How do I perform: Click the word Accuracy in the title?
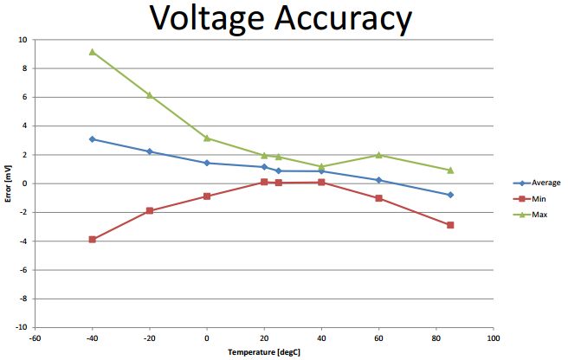click(x=344, y=19)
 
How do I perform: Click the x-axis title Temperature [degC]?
click(x=263, y=353)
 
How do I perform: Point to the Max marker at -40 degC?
click(x=92, y=52)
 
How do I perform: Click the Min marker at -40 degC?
click(x=92, y=240)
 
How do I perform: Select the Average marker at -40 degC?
click(x=92, y=138)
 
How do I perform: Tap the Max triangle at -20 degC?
click(x=149, y=95)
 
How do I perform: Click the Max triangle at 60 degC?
click(x=378, y=155)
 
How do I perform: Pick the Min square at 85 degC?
click(x=450, y=225)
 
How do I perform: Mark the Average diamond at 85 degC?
click(x=450, y=195)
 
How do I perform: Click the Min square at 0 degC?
click(x=206, y=196)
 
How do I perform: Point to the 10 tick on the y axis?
click(x=23, y=39)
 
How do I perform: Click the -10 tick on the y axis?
click(x=22, y=328)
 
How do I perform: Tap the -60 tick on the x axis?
click(x=35, y=337)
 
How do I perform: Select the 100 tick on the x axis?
click(x=494, y=337)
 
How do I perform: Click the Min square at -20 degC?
click(x=149, y=210)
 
